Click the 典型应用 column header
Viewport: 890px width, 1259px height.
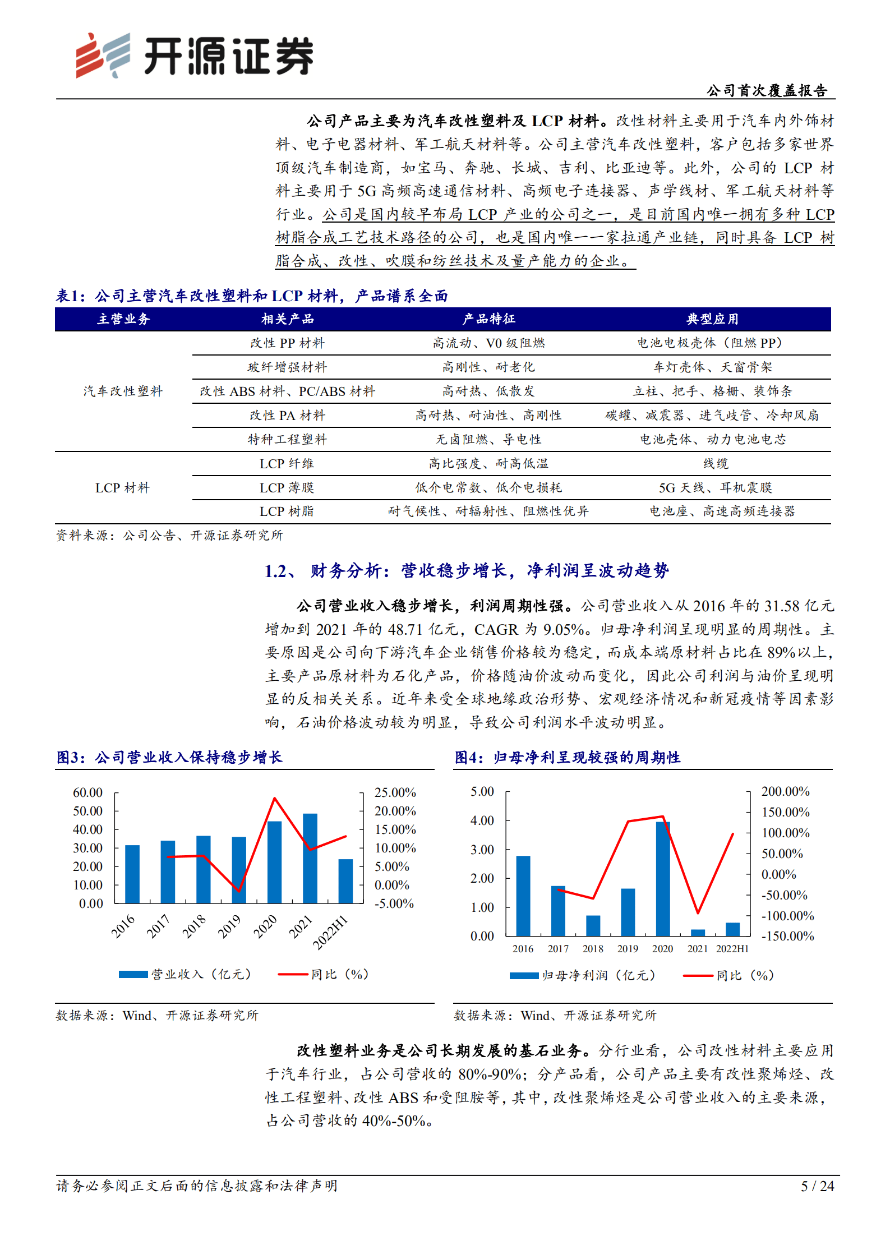pos(712,319)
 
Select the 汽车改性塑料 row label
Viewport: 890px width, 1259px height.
pos(123,391)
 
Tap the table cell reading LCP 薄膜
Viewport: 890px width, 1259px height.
pos(287,488)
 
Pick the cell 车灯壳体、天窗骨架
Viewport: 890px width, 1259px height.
pos(712,367)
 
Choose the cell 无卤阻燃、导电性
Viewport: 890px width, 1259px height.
pos(488,440)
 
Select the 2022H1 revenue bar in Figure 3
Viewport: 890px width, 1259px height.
pos(345,881)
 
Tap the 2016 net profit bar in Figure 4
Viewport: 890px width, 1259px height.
pos(523,896)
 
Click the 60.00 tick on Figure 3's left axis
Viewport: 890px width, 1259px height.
pos(88,792)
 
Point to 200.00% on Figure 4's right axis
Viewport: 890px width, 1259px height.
pos(785,791)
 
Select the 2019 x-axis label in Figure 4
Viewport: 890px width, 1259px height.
pos(628,948)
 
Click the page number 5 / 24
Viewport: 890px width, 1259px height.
pos(817,1186)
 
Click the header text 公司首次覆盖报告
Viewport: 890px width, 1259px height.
pos(767,91)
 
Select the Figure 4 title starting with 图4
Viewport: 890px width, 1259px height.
pos(567,758)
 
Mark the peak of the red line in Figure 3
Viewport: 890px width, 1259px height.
pos(274,798)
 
